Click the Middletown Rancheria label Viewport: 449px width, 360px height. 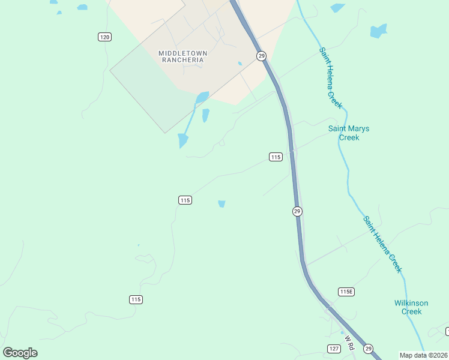click(183, 56)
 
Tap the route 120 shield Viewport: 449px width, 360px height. click(105, 37)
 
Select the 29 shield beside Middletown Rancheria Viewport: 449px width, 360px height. click(261, 56)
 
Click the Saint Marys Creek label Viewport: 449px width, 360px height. click(349, 133)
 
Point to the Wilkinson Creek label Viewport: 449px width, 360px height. click(412, 307)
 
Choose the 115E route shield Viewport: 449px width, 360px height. click(346, 292)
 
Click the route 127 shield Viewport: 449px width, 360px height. click(334, 349)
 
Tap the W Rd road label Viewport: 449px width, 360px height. click(349, 342)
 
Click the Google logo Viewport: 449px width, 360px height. click(20, 353)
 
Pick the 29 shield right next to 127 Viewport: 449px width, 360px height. click(368, 349)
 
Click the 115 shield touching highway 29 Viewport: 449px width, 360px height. click(275, 157)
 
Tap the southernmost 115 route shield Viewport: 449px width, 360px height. click(136, 299)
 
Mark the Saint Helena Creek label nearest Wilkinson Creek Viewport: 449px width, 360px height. click(382, 244)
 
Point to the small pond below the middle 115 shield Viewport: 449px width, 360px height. click(222, 204)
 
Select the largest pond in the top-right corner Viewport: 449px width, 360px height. click(378, 31)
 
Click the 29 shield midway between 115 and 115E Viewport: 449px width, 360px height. click(297, 211)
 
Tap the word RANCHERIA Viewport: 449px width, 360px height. click(183, 60)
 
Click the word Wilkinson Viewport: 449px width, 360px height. click(412, 303)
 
